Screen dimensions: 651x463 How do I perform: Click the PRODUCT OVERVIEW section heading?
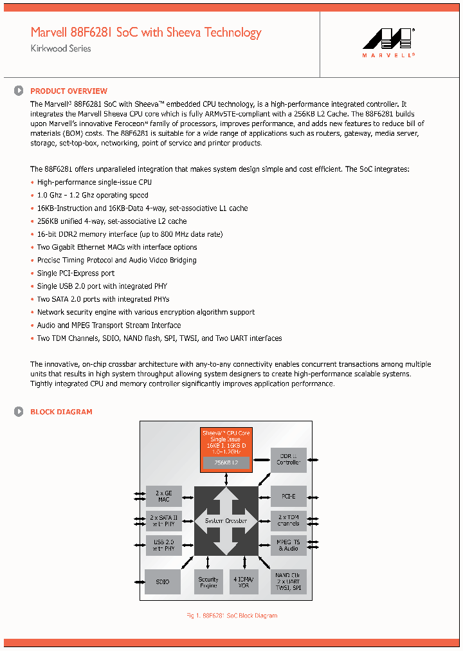(x=69, y=91)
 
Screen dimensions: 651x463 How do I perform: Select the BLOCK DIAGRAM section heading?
(x=61, y=412)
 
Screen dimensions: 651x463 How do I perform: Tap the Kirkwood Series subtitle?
(x=60, y=49)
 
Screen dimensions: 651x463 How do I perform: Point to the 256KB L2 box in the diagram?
(x=226, y=463)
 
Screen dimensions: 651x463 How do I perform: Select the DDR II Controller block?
(x=288, y=459)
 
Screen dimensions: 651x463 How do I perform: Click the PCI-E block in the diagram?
(x=288, y=497)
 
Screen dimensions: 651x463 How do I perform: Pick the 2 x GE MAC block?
(x=163, y=497)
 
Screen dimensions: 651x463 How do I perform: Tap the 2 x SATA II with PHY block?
(x=163, y=520)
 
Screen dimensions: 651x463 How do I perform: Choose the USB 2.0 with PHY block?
(x=163, y=545)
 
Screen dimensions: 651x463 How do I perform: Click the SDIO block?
(x=163, y=582)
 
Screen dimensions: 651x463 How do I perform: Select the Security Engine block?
(x=208, y=582)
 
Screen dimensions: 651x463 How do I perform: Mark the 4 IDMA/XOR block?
(x=244, y=582)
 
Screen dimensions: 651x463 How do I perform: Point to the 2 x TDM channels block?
(x=288, y=520)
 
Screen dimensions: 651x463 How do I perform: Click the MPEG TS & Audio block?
(x=288, y=545)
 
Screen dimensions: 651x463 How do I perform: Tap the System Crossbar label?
(x=226, y=520)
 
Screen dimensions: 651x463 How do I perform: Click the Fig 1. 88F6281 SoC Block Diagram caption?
(x=232, y=616)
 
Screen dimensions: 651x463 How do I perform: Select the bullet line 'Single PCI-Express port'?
(x=75, y=273)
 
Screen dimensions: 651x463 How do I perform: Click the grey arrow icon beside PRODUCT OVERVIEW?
(x=19, y=91)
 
